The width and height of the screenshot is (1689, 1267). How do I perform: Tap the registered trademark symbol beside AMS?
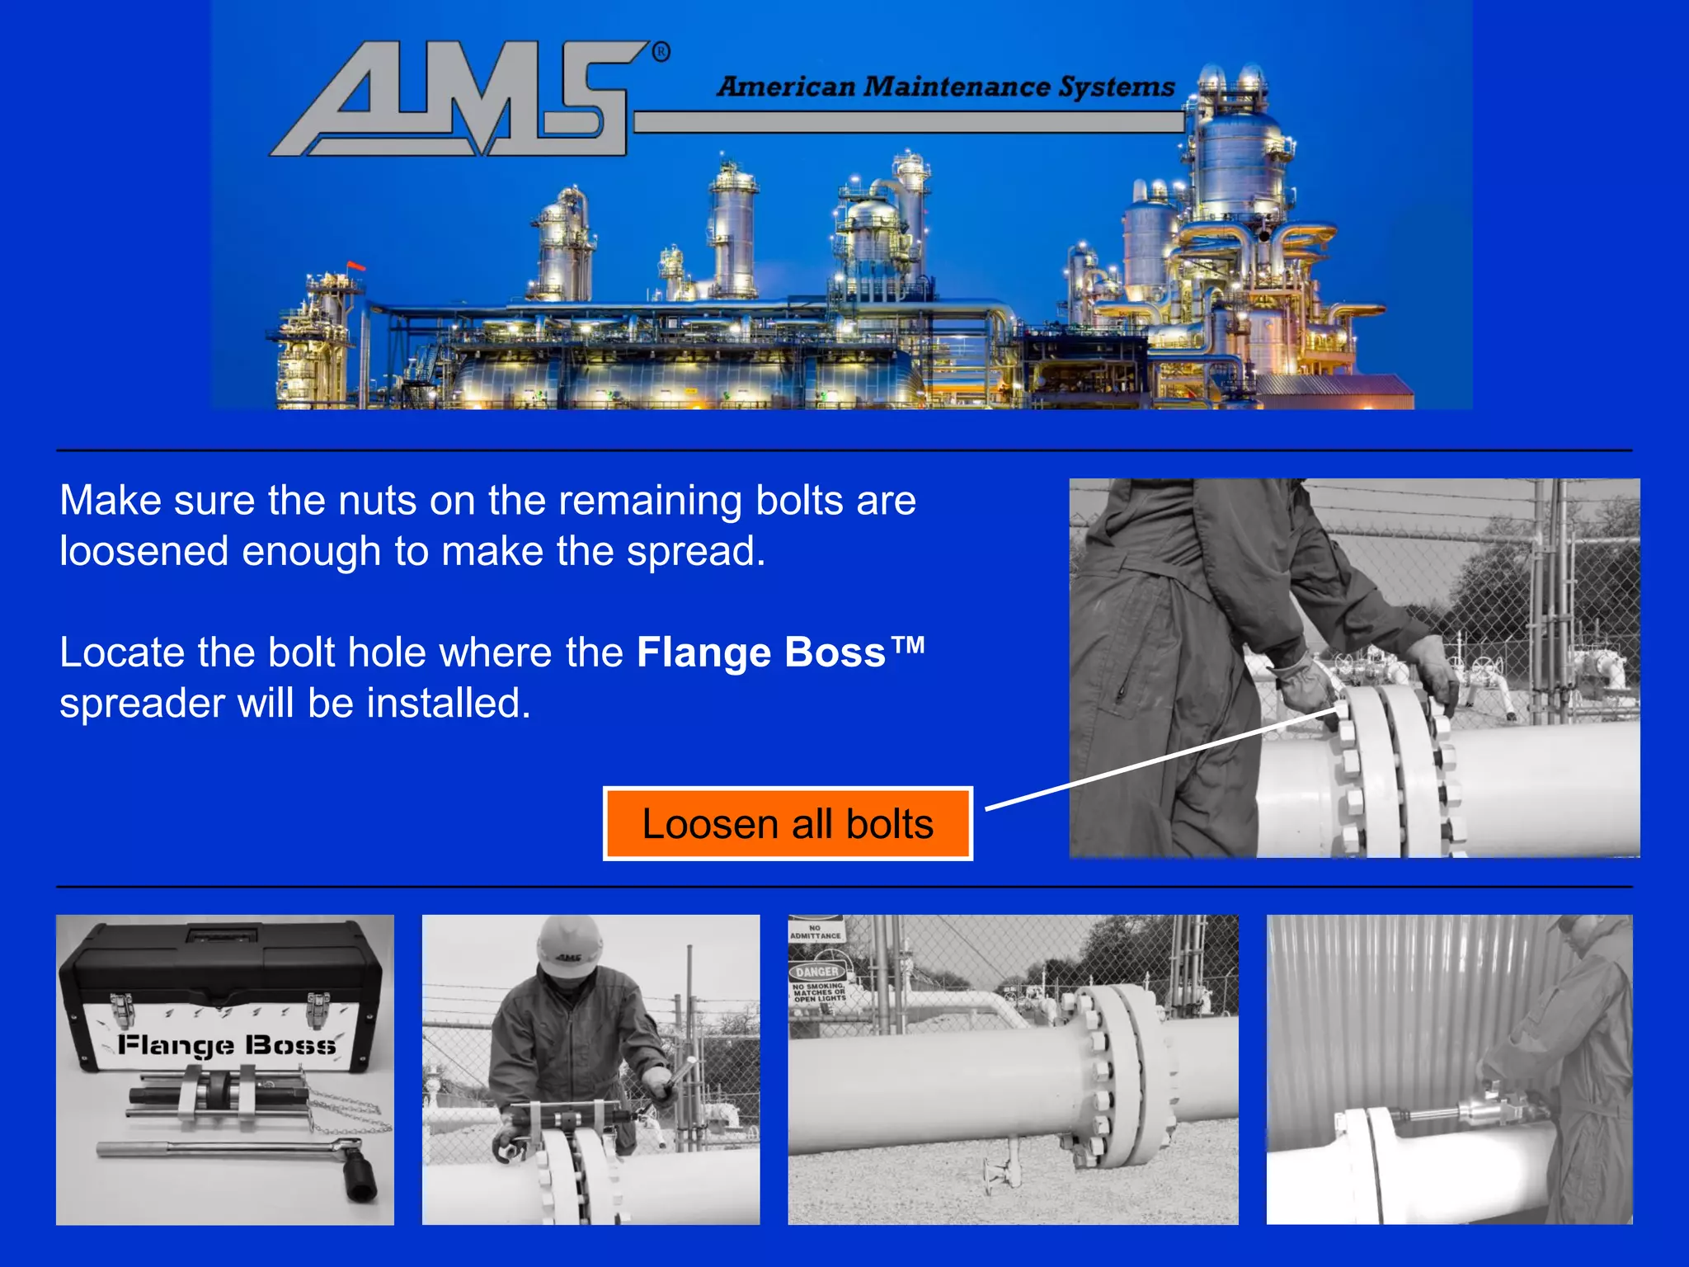(661, 53)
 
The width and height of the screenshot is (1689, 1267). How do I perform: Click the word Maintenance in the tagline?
(957, 87)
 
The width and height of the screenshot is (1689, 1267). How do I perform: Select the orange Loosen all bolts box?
(788, 824)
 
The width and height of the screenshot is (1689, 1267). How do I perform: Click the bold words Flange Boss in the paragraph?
(760, 652)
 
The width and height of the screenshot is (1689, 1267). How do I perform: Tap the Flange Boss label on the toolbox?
(227, 1045)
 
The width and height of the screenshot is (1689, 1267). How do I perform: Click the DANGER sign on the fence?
(816, 972)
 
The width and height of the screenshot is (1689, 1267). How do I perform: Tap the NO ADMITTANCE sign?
(815, 932)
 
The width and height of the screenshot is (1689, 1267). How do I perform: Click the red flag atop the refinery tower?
(356, 266)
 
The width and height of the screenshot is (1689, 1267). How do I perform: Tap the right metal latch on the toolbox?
(318, 1008)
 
